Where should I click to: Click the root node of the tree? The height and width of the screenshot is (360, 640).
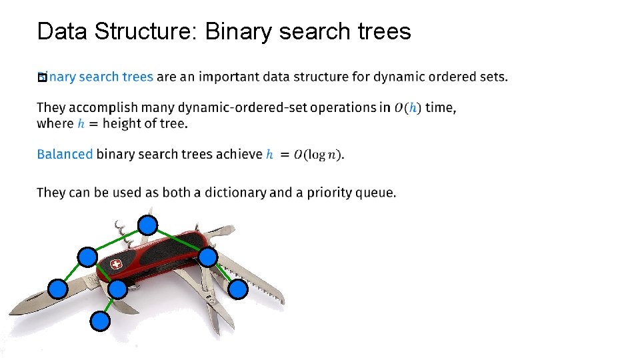pos(147,225)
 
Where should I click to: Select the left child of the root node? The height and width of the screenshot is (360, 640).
pos(87,257)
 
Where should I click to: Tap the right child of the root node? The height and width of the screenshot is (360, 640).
pos(208,257)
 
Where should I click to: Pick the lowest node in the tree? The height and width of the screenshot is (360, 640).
pos(100,322)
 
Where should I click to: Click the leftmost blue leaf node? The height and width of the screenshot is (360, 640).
pos(58,289)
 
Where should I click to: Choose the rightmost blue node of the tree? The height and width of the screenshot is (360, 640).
pos(238,289)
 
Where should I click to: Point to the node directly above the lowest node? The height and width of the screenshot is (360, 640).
pos(117,289)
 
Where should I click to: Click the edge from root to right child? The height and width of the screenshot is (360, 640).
pos(178,241)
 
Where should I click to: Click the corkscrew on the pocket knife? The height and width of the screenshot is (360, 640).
pos(121,229)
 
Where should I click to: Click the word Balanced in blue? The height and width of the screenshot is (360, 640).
pos(65,154)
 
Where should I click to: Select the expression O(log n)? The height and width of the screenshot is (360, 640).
pos(319,155)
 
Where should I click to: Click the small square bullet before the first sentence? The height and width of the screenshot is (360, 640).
pos(41,78)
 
